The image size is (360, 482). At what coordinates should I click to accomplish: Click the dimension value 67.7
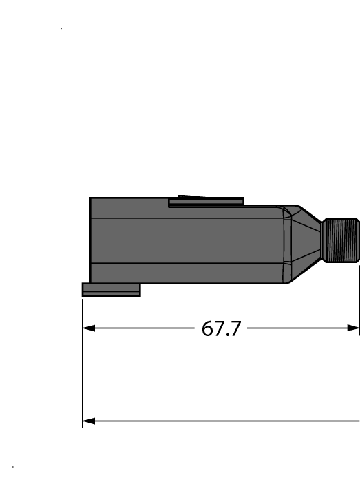pyautogui.click(x=221, y=328)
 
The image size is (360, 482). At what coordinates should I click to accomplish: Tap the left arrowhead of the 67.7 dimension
pyautogui.click(x=88, y=328)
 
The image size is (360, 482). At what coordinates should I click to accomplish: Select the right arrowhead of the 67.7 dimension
pyautogui.click(x=354, y=328)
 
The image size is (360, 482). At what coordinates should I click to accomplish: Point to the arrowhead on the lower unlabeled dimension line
pyautogui.click(x=88, y=420)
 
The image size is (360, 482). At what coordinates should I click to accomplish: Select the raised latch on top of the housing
pyautogui.click(x=207, y=201)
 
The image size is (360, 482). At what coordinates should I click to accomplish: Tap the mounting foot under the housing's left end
pyautogui.click(x=111, y=290)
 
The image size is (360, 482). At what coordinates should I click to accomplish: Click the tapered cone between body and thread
pyautogui.click(x=305, y=241)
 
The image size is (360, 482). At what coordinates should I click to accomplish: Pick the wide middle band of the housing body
pyautogui.click(x=186, y=241)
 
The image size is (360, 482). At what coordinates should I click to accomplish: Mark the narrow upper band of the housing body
pyautogui.click(x=186, y=210)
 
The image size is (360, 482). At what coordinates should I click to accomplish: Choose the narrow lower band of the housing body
pyautogui.click(x=186, y=273)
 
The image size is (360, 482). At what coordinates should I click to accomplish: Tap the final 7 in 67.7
pyautogui.click(x=235, y=328)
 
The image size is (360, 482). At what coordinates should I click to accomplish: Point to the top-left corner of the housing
pyautogui.click(x=91, y=198)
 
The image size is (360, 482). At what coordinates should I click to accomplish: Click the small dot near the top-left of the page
pyautogui.click(x=61, y=29)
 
